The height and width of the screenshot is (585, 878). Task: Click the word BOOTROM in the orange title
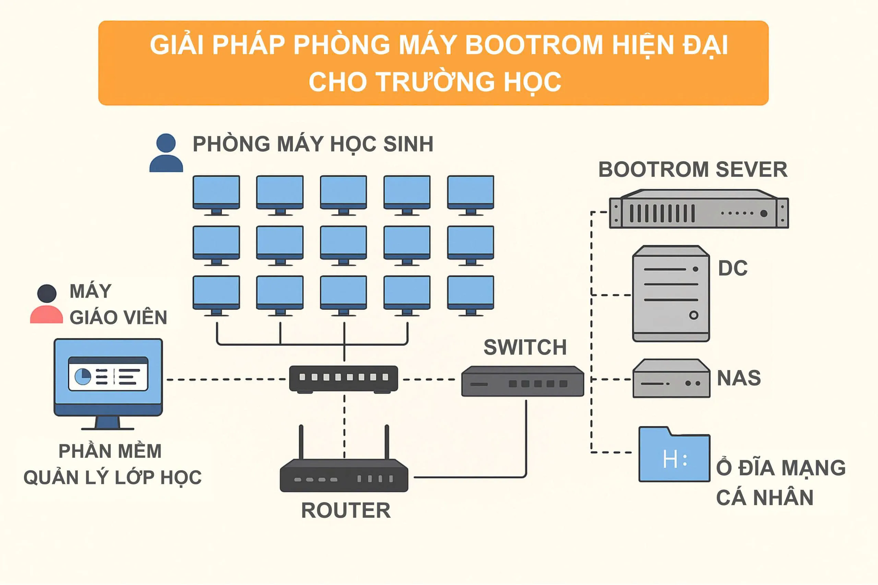point(534,45)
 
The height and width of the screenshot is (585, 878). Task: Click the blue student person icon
point(166,153)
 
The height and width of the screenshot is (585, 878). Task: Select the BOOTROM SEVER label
point(693,170)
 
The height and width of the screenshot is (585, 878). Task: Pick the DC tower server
point(671,294)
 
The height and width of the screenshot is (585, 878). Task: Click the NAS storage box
point(671,379)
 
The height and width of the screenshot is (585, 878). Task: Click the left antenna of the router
point(301,442)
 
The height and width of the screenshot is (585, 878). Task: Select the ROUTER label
point(346,511)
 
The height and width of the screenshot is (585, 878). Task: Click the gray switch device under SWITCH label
point(522,381)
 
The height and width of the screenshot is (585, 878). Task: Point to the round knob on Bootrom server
point(764,214)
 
